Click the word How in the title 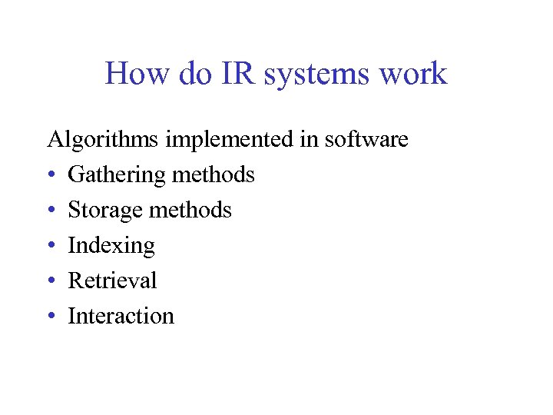[132, 74]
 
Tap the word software [366, 140]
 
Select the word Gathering [117, 175]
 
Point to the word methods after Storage [192, 210]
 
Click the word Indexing [111, 246]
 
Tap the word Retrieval [112, 281]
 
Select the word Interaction [121, 316]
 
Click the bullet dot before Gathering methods [51, 176]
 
